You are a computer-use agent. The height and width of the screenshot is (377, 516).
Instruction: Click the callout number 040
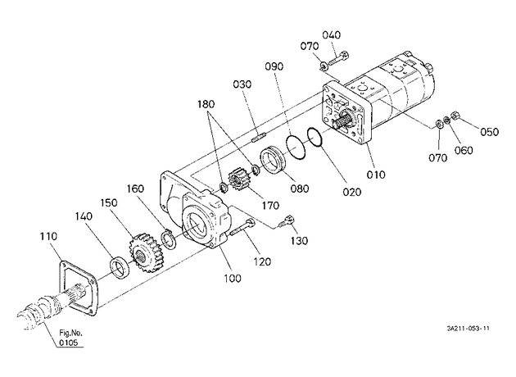tap(331, 35)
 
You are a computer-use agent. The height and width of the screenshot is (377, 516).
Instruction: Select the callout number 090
tap(274, 66)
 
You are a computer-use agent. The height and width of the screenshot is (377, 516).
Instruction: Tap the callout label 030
tap(242, 84)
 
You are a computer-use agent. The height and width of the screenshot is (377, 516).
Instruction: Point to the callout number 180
tap(206, 104)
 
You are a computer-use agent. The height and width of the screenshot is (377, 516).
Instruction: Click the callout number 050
tap(489, 132)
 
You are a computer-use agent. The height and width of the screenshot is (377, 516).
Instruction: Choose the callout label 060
tap(464, 151)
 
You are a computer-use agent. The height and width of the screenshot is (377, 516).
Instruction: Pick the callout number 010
tap(376, 175)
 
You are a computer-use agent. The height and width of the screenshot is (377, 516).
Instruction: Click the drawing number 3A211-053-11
tap(468, 329)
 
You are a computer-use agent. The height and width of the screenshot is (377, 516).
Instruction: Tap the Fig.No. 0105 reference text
tap(69, 338)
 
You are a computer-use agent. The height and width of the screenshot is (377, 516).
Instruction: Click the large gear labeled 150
tap(143, 253)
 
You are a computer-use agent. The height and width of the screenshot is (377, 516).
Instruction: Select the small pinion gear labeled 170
tap(238, 180)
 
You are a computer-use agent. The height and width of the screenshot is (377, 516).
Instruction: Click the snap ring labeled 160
tap(168, 239)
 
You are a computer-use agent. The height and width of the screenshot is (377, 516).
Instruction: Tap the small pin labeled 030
tap(258, 138)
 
